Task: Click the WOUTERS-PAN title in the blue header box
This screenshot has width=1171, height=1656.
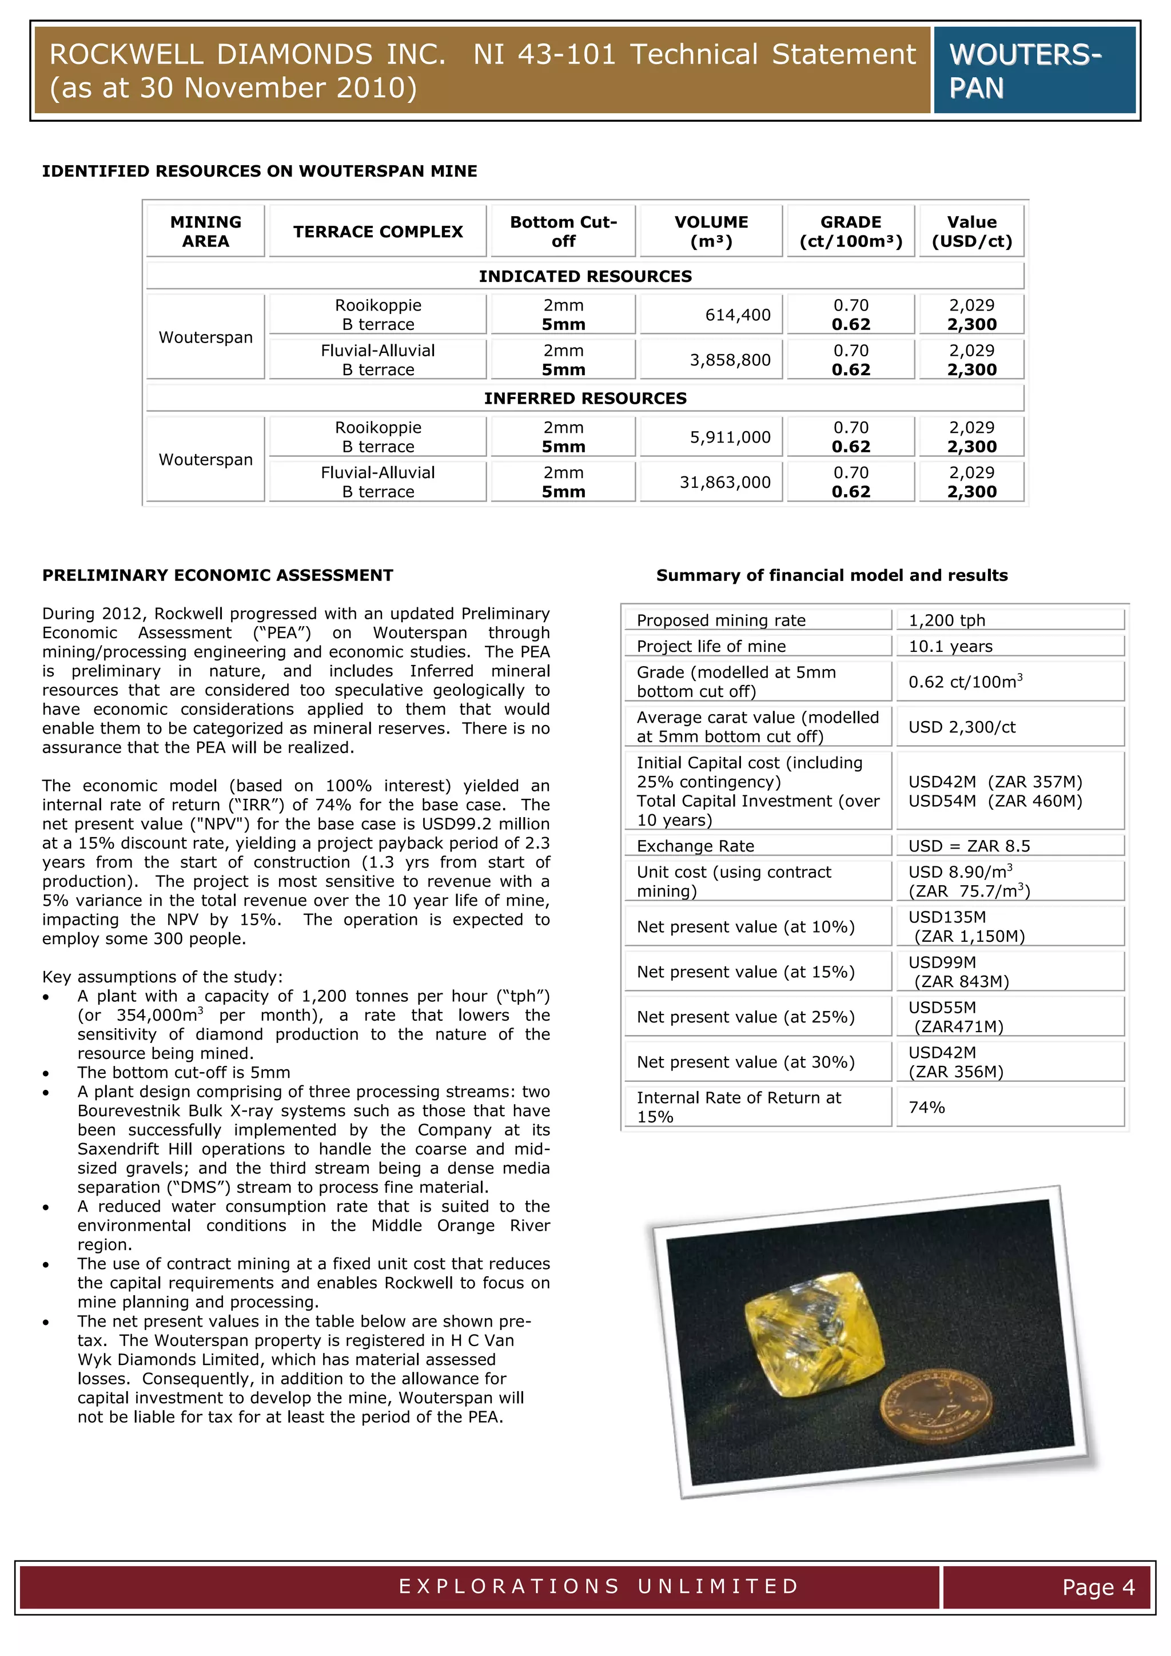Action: [x=1025, y=71]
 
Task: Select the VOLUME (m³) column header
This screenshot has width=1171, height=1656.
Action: [x=710, y=232]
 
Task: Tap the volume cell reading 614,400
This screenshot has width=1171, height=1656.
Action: [x=737, y=315]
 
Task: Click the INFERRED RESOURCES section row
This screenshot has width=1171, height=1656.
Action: [x=585, y=398]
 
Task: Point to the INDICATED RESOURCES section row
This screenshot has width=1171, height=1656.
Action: [x=585, y=276]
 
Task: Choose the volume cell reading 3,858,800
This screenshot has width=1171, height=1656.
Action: [x=730, y=360]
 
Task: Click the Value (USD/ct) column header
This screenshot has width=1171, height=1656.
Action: [x=971, y=232]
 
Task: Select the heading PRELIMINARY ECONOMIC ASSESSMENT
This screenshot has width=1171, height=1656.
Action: [x=218, y=575]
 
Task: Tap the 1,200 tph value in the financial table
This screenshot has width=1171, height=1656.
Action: [x=946, y=620]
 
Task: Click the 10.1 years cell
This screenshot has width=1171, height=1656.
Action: [x=950, y=646]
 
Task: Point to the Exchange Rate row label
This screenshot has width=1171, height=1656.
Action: [x=695, y=846]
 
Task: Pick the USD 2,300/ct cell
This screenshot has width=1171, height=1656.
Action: [x=961, y=727]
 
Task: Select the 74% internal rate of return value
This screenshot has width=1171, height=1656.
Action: [x=926, y=1107]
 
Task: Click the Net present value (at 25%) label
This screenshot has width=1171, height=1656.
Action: [x=745, y=1017]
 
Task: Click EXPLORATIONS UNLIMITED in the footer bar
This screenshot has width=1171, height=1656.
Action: [x=599, y=1586]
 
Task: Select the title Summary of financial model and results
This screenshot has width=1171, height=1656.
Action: [x=831, y=575]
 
